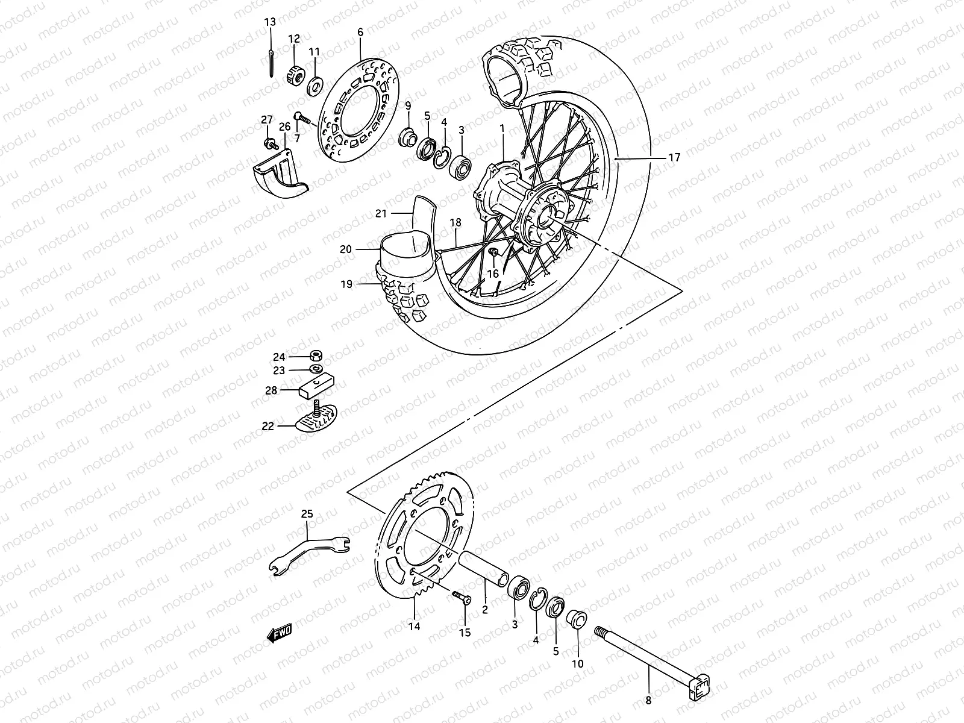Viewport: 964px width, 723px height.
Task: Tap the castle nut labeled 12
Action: coord(295,75)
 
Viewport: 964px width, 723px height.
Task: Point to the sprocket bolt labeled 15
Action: coord(463,596)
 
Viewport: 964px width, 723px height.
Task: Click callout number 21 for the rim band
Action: coord(380,213)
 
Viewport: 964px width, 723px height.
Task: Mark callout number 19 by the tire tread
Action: coord(346,284)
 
